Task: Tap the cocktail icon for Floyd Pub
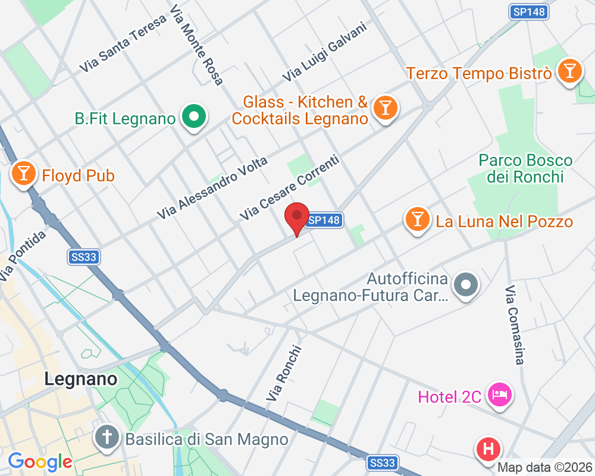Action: click(23, 173)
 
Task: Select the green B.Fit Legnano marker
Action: click(193, 116)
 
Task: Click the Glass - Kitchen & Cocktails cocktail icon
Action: click(385, 108)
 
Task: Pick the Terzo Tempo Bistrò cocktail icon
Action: click(569, 71)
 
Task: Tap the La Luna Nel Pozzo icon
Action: click(417, 219)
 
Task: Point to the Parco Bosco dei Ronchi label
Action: click(525, 168)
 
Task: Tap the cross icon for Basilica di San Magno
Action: click(108, 439)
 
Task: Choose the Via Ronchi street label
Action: click(284, 373)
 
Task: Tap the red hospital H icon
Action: click(488, 448)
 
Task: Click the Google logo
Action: click(40, 461)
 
